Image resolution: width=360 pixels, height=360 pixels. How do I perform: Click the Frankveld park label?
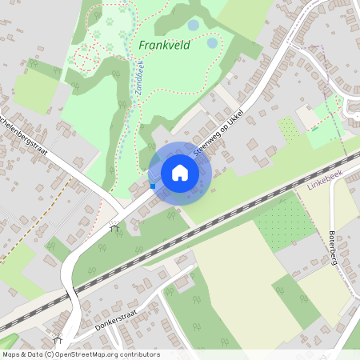coord(164,46)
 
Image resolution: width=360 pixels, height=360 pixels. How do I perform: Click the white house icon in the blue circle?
coord(180,173)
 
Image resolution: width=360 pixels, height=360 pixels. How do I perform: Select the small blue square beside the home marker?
coord(153,186)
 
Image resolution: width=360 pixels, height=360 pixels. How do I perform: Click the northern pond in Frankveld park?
coord(194,26)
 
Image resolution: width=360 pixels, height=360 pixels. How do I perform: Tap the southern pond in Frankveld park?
coord(212,42)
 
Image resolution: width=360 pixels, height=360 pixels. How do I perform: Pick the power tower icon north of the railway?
coord(115,227)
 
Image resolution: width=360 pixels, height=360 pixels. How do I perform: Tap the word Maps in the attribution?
coord(11,354)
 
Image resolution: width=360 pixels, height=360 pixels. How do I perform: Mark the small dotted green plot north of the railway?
coord(289,130)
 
